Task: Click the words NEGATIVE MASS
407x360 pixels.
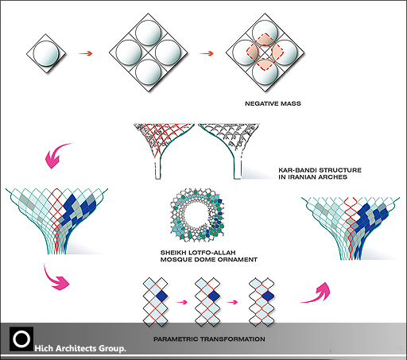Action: [x=273, y=103]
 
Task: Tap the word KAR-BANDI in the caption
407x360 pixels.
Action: [x=297, y=170]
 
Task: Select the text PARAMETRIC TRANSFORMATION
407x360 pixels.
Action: [x=209, y=339]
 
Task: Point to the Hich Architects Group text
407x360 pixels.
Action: [x=80, y=348]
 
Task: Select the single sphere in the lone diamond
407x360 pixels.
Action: [x=46, y=53]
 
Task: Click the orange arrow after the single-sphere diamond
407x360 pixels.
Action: [x=85, y=53]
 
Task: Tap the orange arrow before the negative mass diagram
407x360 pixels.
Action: [x=207, y=53]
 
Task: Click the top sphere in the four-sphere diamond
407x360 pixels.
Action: [x=148, y=33]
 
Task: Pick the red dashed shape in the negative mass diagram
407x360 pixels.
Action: [x=265, y=52]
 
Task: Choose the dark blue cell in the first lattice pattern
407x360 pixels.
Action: [x=161, y=296]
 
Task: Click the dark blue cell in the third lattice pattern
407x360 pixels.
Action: [x=268, y=296]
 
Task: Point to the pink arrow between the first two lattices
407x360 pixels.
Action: [x=181, y=302]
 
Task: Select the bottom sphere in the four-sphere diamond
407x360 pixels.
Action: [x=148, y=72]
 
